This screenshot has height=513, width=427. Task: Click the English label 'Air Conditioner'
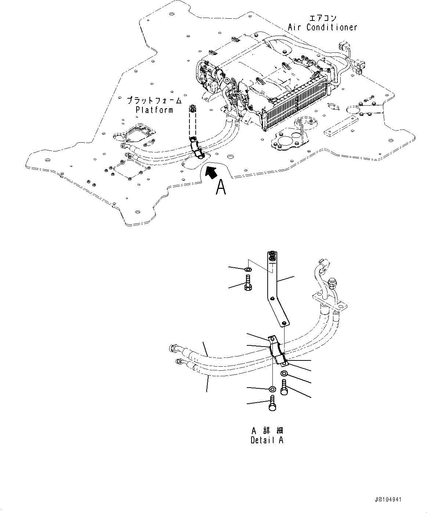coord(322,27)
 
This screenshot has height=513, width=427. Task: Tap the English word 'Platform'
coord(154,110)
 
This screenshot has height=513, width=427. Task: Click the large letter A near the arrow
coord(220,187)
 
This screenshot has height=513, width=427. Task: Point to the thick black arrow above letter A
coord(211,172)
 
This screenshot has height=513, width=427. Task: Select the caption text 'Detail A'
coord(267,440)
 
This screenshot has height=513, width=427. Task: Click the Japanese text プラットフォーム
coord(154,100)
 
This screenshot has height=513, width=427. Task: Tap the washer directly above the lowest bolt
coord(272,389)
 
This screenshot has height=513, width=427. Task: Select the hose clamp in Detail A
coord(278,351)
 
